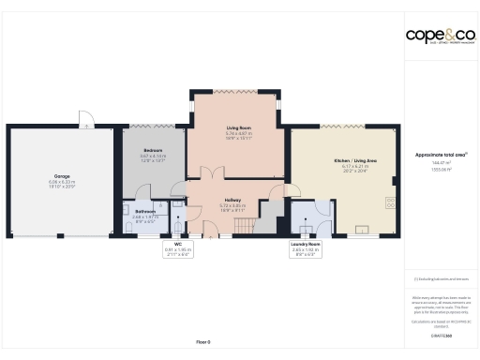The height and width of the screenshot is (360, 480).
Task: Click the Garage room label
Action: (61, 175)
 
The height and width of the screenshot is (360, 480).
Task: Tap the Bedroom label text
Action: (153, 150)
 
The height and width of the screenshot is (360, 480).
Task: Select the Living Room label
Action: (239, 128)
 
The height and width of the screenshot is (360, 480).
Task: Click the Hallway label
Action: (232, 200)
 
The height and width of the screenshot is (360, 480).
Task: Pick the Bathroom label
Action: (144, 211)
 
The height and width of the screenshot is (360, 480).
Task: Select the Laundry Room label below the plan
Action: (305, 244)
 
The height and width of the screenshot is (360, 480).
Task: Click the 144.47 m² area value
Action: (439, 162)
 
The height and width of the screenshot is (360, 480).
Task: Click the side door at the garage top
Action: (85, 119)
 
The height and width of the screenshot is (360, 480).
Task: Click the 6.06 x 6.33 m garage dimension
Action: (61, 182)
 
